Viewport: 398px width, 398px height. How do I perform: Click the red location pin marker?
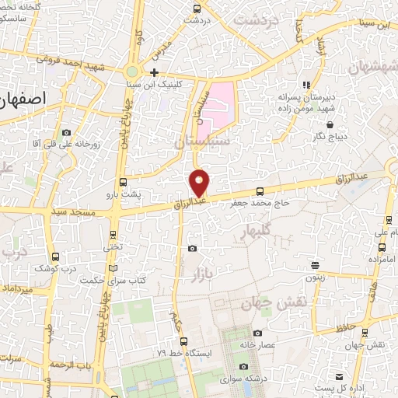tap(200, 183)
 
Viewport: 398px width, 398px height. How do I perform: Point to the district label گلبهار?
tap(254, 232)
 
